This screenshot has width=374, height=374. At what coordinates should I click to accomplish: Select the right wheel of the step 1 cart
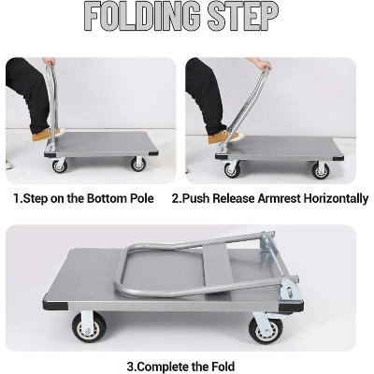pyautogui.click(x=138, y=163)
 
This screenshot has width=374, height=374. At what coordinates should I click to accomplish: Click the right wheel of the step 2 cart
pyautogui.click(x=321, y=169)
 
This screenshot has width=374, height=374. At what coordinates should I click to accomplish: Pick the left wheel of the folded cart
pyautogui.click(x=90, y=327)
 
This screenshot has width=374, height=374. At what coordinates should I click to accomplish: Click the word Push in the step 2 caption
pyautogui.click(x=195, y=198)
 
